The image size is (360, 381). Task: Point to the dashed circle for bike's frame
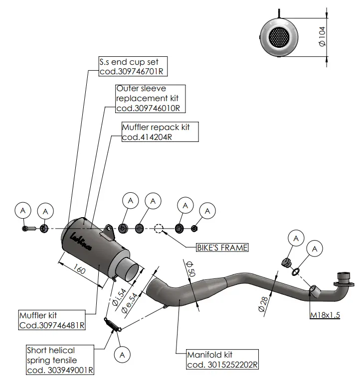pos(159,229)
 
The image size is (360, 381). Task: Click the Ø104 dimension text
pos(323,36)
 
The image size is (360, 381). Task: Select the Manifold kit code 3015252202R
pos(222,365)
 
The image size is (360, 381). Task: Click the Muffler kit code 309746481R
pos(51,325)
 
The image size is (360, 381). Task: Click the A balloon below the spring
pos(122,354)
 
